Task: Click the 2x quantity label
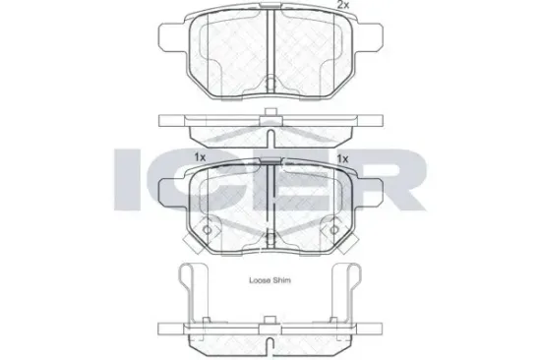pyautogui.click(x=343, y=5)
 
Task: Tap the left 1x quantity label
pyautogui.click(x=200, y=157)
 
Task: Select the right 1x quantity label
pyautogui.click(x=342, y=158)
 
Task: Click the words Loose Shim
pyautogui.click(x=270, y=280)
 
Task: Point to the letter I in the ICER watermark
pyautogui.click(x=127, y=179)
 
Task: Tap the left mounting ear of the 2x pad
pyautogui.click(x=172, y=37)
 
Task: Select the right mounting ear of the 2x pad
pyautogui.click(x=369, y=37)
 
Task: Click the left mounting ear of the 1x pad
pyautogui.click(x=172, y=193)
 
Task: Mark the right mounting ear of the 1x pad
pyautogui.click(x=369, y=193)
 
